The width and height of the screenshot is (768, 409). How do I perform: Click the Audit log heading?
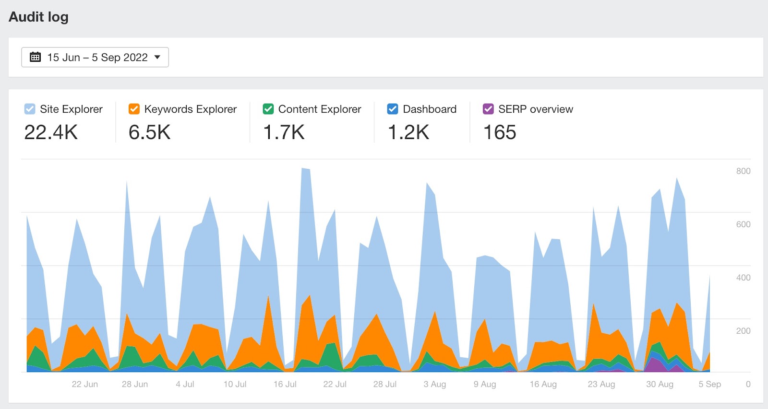[x=38, y=17]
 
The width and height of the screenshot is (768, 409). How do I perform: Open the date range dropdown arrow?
[x=157, y=57]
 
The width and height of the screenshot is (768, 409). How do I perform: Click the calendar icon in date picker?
[x=35, y=57]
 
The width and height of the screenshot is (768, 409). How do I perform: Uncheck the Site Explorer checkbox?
[x=30, y=109]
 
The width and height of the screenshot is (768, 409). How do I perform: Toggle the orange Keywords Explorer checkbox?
[x=134, y=109]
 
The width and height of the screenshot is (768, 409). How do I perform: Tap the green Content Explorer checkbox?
[x=268, y=109]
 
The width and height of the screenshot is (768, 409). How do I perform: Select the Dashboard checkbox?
[x=392, y=109]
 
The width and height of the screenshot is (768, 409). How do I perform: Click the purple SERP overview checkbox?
[x=488, y=109]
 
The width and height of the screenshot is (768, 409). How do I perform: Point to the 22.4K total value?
[x=51, y=132]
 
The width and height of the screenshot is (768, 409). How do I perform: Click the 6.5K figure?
[x=149, y=132]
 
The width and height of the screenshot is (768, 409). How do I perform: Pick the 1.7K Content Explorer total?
[x=284, y=132]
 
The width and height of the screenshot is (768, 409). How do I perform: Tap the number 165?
[x=500, y=132]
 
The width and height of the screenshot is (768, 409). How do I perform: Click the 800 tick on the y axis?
[x=743, y=171]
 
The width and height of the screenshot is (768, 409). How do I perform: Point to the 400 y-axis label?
[x=743, y=278]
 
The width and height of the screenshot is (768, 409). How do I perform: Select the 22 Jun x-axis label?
[x=84, y=384]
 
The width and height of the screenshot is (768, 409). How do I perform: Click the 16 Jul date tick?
[x=285, y=384]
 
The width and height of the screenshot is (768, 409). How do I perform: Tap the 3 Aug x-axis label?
[x=434, y=384]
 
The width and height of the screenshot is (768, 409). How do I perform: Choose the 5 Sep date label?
[x=709, y=384]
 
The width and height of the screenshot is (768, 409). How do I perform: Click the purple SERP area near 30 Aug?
[x=654, y=365]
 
